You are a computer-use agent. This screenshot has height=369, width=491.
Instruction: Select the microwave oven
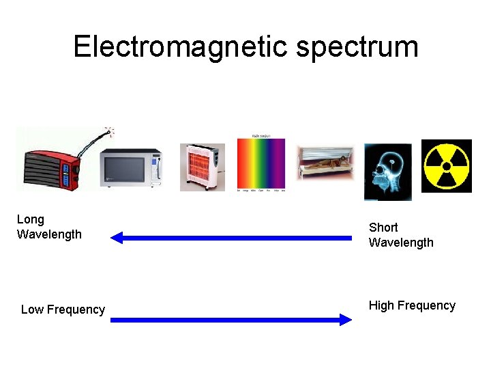[131, 168]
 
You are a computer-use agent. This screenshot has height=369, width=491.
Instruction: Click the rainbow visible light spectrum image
[261, 165]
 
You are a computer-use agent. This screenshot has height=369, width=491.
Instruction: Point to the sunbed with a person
[325, 165]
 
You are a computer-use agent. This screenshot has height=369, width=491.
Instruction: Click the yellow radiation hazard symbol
[447, 166]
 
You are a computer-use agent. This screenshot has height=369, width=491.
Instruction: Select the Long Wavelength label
[48, 227]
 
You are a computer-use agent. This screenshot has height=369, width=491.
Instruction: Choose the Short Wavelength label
[400, 234]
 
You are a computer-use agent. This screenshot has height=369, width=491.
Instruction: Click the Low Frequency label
[63, 310]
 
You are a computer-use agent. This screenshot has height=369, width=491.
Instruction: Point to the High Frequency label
[412, 305]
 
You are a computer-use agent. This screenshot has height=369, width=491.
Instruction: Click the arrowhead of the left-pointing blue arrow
[117, 238]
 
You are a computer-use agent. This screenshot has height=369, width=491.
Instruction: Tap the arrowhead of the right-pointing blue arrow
[346, 319]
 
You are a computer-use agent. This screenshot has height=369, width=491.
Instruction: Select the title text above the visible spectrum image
[261, 136]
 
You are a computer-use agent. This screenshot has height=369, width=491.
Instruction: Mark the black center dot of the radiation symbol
[447, 166]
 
